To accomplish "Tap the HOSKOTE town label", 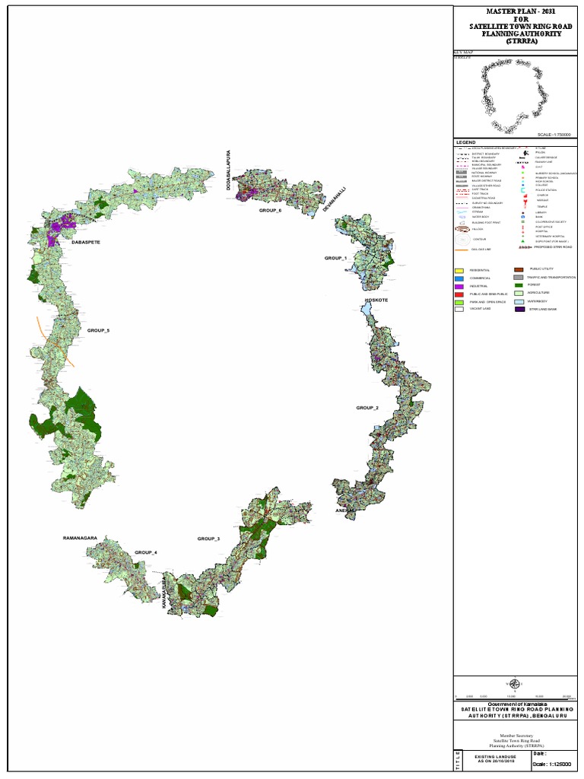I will [376, 300].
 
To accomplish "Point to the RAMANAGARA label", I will [81, 538].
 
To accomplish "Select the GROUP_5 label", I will [98, 331].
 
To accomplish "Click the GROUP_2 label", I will [367, 408].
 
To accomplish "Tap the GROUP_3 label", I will [208, 539].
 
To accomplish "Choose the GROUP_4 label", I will [146, 552].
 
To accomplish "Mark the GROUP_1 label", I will [335, 259].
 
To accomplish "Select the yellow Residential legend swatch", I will [459, 271].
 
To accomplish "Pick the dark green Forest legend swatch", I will [519, 285].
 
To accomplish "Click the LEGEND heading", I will [465, 142].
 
